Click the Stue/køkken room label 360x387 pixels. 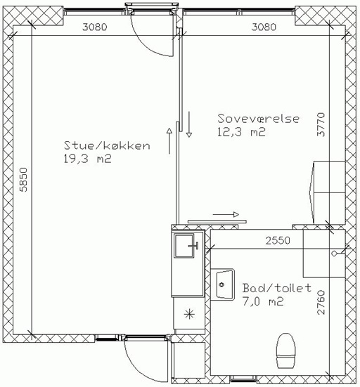click(x=107, y=145)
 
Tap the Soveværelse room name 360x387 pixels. click(x=259, y=119)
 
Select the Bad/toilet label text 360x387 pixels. click(x=276, y=288)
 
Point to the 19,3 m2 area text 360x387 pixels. click(x=87, y=159)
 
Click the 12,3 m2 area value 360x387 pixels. click(x=241, y=132)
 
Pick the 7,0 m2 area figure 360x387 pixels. click(x=263, y=301)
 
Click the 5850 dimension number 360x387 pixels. click(x=23, y=180)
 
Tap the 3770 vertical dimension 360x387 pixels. click(x=321, y=124)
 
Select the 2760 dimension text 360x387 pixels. click(x=321, y=302)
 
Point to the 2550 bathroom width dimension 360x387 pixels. click(x=278, y=240)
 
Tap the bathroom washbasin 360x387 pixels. click(x=222, y=284)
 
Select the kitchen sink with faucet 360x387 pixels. click(x=186, y=246)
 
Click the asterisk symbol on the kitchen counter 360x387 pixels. click(x=189, y=314)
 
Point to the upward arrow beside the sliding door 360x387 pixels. click(x=169, y=141)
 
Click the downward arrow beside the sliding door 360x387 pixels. click(x=189, y=124)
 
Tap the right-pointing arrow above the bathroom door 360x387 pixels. click(x=226, y=214)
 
